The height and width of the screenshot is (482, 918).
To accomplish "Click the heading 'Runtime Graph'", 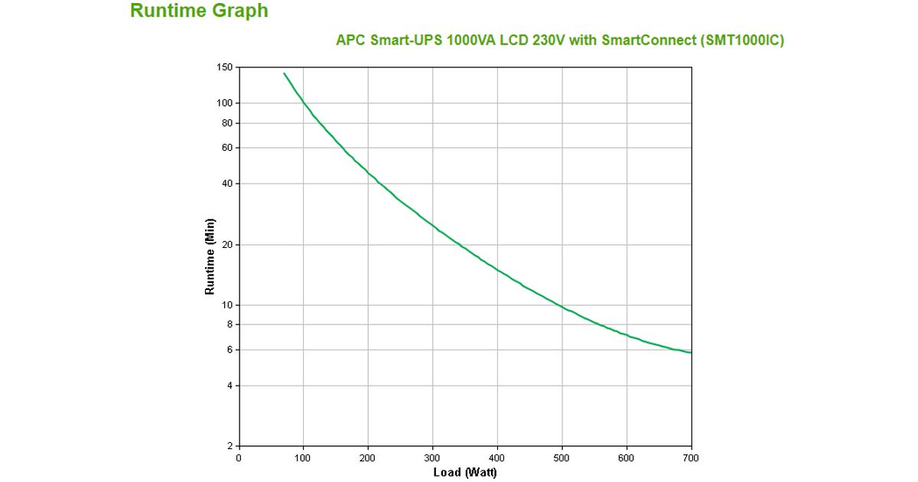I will click(199, 11).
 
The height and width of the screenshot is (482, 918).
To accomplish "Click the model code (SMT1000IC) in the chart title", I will click(741, 41).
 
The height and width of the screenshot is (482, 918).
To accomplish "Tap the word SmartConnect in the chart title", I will click(648, 41).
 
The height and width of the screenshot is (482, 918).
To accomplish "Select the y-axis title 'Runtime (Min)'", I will click(210, 257).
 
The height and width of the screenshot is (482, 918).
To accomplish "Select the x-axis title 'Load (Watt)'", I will click(465, 473).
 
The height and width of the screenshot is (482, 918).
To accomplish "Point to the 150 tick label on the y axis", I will click(224, 67).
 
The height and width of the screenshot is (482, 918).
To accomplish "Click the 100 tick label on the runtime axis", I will click(224, 103).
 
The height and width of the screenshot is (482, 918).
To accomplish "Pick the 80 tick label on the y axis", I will click(226, 123).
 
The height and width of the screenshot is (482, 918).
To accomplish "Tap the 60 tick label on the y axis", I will click(226, 148).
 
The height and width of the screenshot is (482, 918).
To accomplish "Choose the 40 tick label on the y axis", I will click(226, 184).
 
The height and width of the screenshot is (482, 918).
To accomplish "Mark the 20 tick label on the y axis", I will click(226, 245).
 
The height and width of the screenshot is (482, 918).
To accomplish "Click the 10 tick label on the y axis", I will click(226, 305).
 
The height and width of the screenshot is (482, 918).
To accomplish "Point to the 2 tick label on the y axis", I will click(229, 446).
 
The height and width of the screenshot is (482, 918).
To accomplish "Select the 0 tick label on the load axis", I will click(239, 458).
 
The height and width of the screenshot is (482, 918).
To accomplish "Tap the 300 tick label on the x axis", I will click(433, 458).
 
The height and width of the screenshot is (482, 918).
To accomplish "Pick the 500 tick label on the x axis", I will click(562, 458).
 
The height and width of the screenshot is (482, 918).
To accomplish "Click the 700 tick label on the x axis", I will click(692, 458).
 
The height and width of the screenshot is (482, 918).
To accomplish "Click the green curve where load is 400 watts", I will click(497, 269).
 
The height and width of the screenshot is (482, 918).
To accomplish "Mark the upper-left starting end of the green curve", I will click(284, 73).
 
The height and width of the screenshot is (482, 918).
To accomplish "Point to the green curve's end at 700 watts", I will click(691, 353).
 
